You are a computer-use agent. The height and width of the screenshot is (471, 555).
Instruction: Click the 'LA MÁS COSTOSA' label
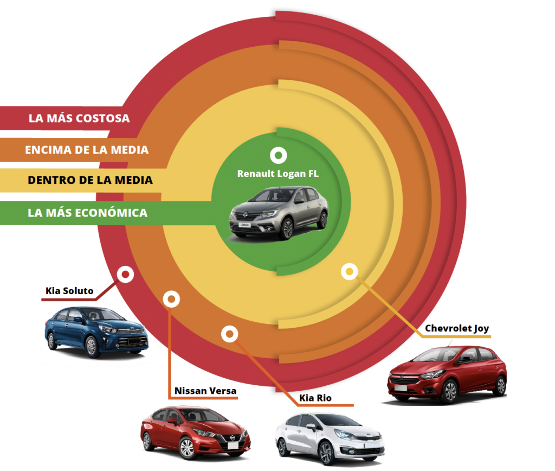(x=79, y=118)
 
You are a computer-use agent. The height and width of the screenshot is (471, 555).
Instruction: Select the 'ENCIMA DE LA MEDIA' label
(x=87, y=150)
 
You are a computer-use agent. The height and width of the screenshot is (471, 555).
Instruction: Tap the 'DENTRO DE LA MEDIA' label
(x=90, y=180)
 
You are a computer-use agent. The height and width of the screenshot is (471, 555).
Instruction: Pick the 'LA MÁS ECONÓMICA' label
(x=87, y=212)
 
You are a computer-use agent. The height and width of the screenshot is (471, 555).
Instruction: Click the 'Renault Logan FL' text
(x=277, y=174)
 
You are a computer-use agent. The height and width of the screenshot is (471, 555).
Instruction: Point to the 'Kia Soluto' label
(x=69, y=291)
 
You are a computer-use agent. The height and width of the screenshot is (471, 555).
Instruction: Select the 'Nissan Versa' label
(x=205, y=391)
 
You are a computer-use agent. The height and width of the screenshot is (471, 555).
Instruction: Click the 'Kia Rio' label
(x=315, y=398)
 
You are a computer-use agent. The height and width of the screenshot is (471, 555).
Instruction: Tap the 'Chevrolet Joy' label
(x=457, y=328)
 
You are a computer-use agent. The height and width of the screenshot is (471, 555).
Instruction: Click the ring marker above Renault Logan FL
(x=279, y=156)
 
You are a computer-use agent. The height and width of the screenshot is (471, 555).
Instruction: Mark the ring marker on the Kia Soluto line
(x=126, y=275)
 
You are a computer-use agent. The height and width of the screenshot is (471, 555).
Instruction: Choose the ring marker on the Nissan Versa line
(x=171, y=298)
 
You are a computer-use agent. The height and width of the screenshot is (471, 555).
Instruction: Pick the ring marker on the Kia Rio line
(x=230, y=334)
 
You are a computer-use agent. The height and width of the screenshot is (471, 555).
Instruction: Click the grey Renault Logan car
(x=279, y=212)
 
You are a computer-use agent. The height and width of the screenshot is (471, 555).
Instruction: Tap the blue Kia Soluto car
(x=95, y=332)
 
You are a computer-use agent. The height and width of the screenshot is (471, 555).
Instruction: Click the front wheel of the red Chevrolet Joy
(x=449, y=391)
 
